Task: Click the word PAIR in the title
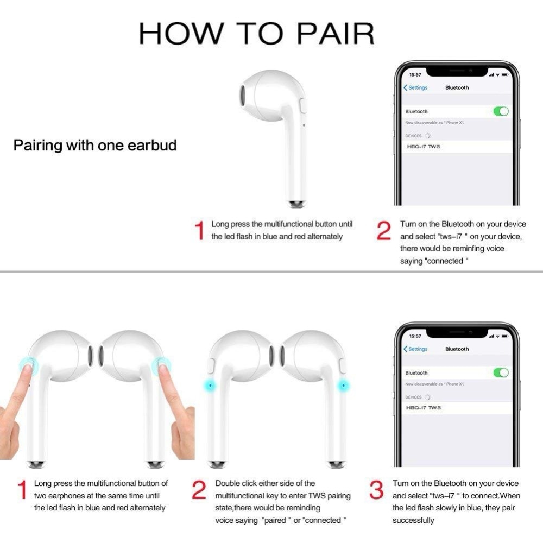point(336,34)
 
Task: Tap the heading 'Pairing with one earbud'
point(95,145)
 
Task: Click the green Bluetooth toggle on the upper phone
point(501,111)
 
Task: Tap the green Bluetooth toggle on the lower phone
point(501,372)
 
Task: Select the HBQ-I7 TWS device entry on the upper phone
point(423,147)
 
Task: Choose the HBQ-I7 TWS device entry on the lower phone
point(423,408)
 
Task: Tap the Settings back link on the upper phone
point(415,87)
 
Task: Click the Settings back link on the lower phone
point(415,349)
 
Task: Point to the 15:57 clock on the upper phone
point(415,74)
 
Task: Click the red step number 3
point(376,490)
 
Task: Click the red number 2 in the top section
point(384,231)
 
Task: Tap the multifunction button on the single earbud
point(303,106)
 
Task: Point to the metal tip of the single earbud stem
point(296,204)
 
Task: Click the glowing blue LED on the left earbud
point(210,385)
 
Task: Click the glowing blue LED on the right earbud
point(344,385)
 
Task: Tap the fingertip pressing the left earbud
point(27,369)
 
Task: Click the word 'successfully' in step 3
point(413,520)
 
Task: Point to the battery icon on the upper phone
point(505,74)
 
